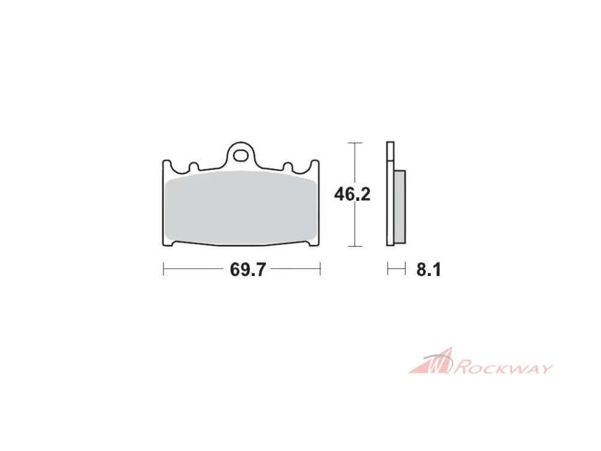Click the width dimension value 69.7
point(248,269)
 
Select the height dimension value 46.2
point(352,194)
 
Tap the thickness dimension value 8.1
point(429,270)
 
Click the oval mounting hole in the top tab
point(241,156)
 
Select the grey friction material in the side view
point(400,207)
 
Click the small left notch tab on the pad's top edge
point(194,166)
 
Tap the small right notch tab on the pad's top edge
point(287,166)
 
